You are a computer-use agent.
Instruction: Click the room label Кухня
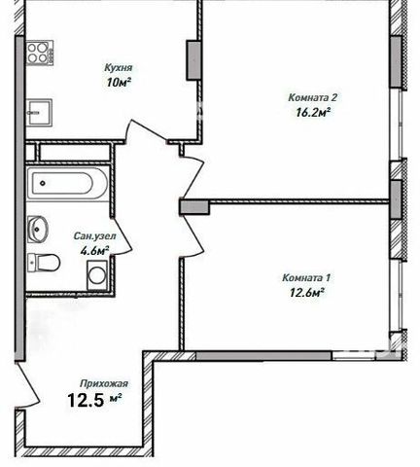[119, 68]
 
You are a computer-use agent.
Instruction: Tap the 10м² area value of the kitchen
[119, 83]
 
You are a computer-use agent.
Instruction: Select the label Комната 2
[313, 97]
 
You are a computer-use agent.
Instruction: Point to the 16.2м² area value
[313, 112]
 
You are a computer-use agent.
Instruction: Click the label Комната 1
[306, 278]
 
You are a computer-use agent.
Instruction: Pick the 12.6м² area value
[307, 293]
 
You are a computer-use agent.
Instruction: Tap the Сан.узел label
[94, 235]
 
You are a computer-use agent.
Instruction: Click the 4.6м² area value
[94, 251]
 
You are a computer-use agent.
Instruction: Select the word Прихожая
[104, 383]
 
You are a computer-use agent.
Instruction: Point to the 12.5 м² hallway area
[94, 400]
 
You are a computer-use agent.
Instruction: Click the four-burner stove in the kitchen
[39, 53]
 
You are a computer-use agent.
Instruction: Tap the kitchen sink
[39, 113]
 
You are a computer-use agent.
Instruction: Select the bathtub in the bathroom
[67, 183]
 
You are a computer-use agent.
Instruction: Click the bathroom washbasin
[38, 230]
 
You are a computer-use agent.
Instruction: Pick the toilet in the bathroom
[44, 263]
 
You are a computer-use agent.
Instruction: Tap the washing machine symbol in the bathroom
[96, 275]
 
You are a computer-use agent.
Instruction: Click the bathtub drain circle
[43, 183]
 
